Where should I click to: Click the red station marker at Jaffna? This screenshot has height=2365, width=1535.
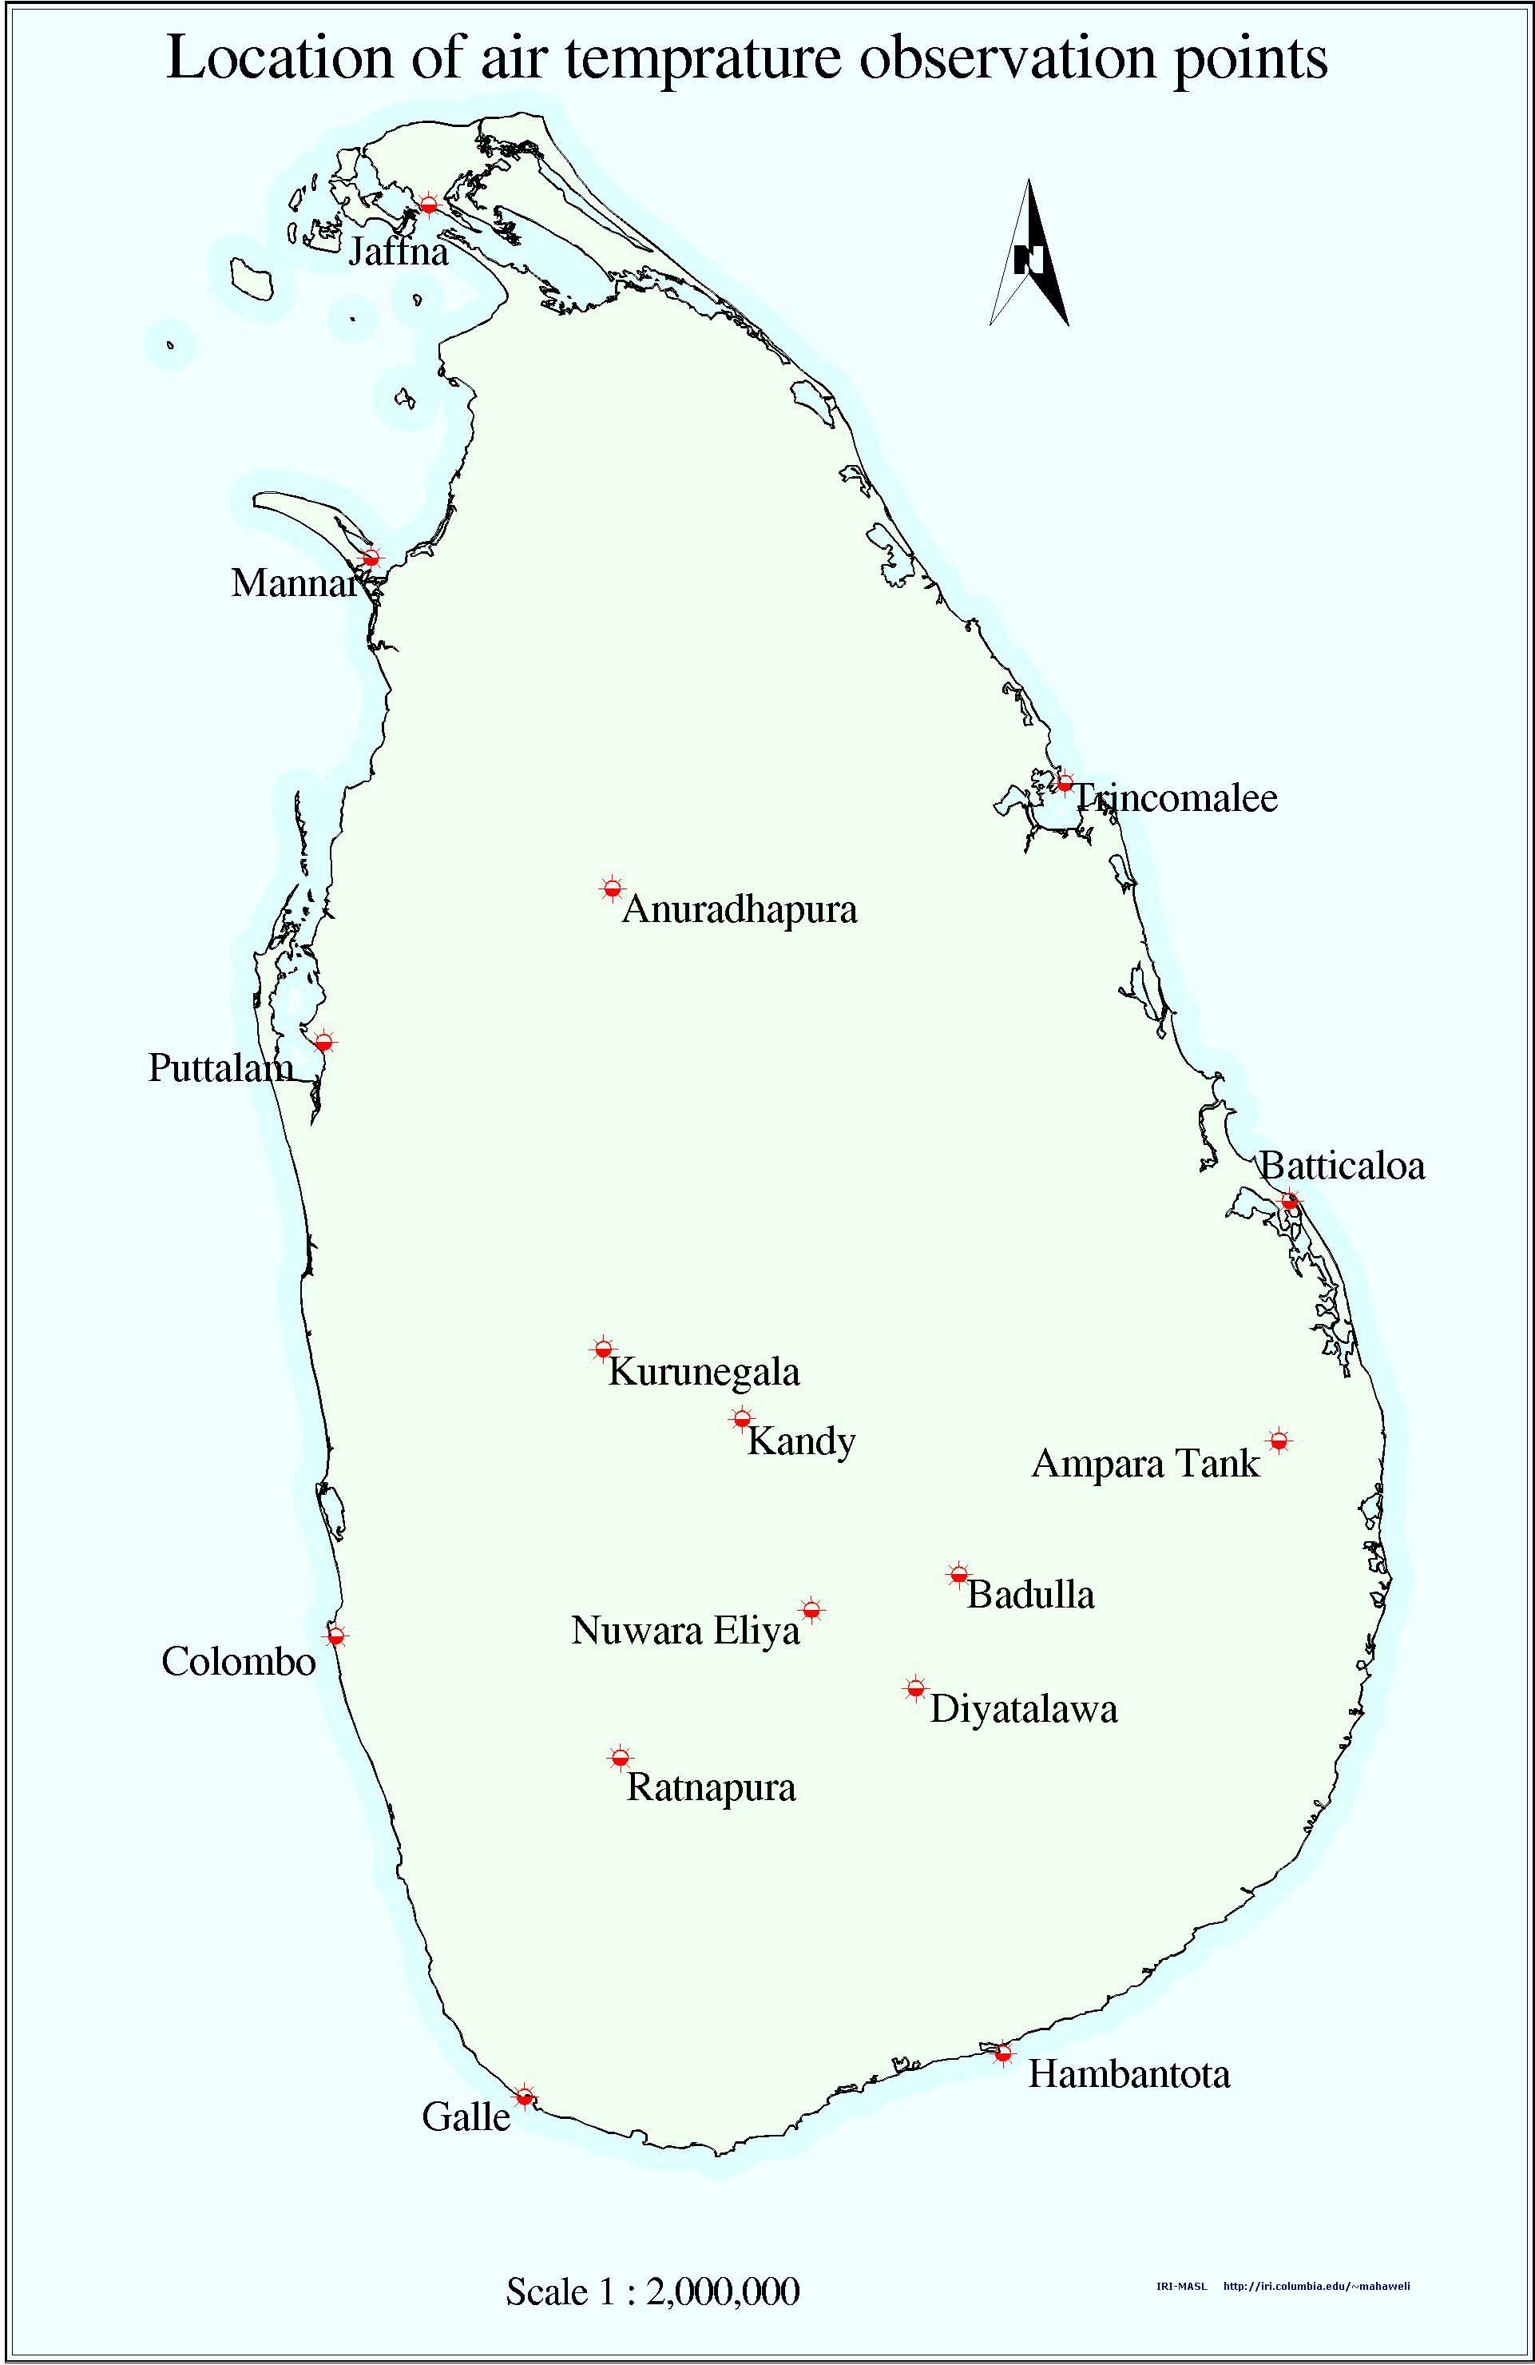pos(428,205)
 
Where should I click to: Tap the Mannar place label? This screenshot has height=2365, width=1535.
pos(293,583)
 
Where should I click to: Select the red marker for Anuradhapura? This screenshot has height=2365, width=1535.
pos(612,888)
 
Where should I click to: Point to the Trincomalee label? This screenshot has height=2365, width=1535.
pos(1176,798)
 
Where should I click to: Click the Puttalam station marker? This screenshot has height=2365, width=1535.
pos(323,1043)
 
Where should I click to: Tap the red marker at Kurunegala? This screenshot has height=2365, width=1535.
pos(602,1349)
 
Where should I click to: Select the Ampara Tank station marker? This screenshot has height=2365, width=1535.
pos(1279,1440)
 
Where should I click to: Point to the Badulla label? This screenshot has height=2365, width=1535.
pos(1030,1595)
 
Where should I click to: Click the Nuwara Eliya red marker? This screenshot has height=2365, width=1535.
pos(811,1610)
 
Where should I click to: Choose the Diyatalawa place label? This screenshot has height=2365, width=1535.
pos(1023,1709)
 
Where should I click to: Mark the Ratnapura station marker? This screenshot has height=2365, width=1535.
pos(620,1759)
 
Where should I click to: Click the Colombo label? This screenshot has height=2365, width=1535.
pos(239,1661)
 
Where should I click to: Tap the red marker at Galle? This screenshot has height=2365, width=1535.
pos(526,2089)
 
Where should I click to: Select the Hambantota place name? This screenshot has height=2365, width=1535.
pos(1128,2066)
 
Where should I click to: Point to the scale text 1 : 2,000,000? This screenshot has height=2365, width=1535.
pos(652,2291)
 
